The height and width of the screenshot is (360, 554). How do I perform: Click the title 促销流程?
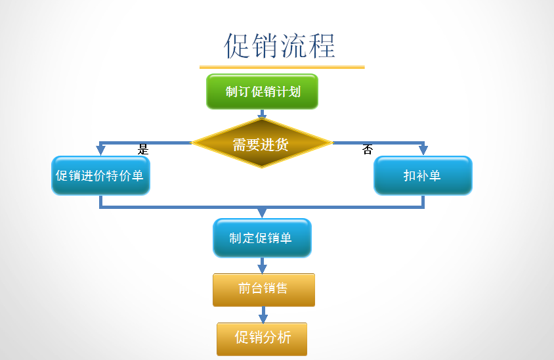(x=280, y=46)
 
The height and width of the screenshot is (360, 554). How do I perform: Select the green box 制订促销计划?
(x=262, y=91)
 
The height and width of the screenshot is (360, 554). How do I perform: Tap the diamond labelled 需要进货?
(x=261, y=143)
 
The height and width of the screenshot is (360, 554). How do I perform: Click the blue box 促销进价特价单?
(x=100, y=175)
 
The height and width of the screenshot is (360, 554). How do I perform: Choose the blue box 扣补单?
(x=423, y=175)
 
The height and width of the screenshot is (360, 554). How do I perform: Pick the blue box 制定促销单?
(x=262, y=238)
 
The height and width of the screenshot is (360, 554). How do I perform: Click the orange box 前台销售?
(x=263, y=289)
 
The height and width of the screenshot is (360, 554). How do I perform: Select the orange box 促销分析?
(x=262, y=338)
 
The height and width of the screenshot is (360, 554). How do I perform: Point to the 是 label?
(x=143, y=150)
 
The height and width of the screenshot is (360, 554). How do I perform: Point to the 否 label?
(x=368, y=150)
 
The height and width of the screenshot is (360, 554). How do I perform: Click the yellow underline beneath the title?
(x=282, y=66)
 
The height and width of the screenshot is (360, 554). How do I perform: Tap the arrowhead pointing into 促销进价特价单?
(x=100, y=150)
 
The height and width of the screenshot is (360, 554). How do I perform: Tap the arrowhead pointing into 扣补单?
(x=423, y=150)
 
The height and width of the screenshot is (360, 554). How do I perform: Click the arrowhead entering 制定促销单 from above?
(x=262, y=213)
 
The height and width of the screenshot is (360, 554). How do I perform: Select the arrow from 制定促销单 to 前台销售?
(x=263, y=265)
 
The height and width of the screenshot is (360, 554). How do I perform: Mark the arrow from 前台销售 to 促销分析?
(x=263, y=315)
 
